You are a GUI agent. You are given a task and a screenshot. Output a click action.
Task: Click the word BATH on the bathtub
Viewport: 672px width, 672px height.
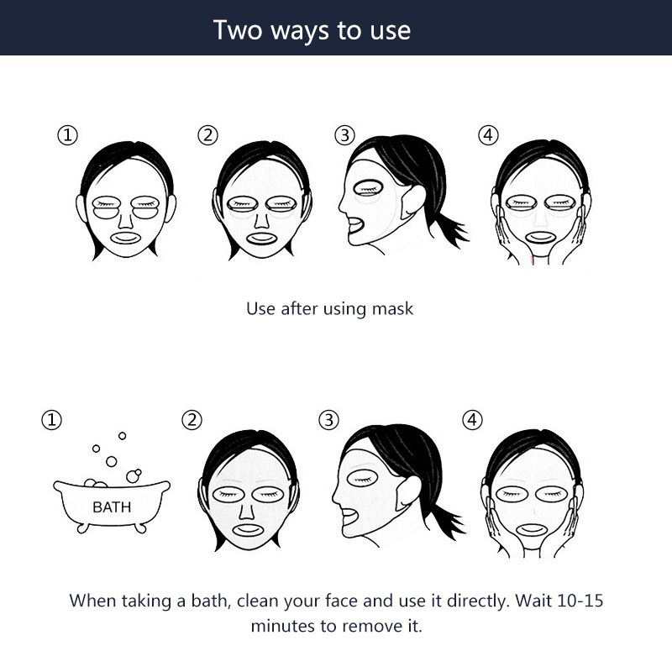112,507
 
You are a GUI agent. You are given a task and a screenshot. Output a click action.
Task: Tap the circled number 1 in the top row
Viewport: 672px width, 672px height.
68,135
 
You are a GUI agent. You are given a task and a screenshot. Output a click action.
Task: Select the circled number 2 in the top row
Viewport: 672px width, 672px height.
207,135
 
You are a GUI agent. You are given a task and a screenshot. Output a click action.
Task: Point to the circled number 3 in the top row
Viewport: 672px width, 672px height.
345,135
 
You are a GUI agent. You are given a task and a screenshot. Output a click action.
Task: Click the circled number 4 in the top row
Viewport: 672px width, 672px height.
488,135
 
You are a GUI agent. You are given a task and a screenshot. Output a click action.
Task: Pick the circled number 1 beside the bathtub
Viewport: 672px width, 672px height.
51,420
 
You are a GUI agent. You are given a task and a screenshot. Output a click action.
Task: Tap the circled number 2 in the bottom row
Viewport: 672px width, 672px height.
192,420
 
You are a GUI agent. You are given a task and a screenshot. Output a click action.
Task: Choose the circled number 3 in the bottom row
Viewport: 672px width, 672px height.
328,420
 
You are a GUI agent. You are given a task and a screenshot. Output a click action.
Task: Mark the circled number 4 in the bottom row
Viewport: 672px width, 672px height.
472,420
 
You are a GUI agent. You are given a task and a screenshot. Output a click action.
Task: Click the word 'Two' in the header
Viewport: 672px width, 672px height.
238,30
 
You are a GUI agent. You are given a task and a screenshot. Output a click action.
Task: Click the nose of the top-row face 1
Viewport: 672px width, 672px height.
125,220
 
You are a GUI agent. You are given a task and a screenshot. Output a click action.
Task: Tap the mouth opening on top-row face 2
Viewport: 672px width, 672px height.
262,239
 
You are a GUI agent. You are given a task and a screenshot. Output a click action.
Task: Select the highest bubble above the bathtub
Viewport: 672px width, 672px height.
122,436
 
